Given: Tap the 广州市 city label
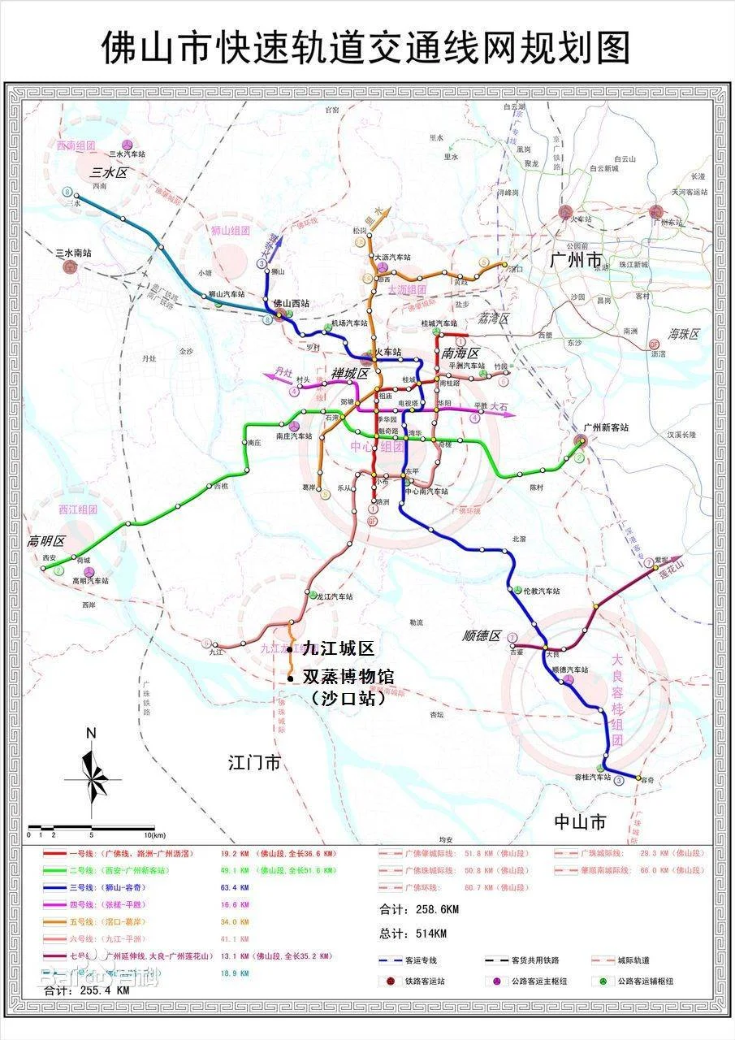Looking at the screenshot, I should pyautogui.click(x=576, y=261).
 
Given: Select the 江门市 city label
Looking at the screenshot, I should pyautogui.click(x=253, y=763).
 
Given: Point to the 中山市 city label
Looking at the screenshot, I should pyautogui.click(x=579, y=821).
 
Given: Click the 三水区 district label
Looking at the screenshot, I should pyautogui.click(x=110, y=173).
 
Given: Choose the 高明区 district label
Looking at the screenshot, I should pyautogui.click(x=45, y=541).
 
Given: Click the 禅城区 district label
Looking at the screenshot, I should pyautogui.click(x=349, y=374).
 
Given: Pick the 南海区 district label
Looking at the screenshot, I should pyautogui.click(x=461, y=353).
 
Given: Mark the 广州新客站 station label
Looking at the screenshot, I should pyautogui.click(x=606, y=427).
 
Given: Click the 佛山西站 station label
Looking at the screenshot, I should pyautogui.click(x=291, y=303).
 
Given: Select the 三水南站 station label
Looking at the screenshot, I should pyautogui.click(x=73, y=253).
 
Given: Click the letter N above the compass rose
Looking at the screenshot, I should pyautogui.click(x=92, y=733).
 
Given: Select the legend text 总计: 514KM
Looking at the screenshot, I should pyautogui.click(x=413, y=933).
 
